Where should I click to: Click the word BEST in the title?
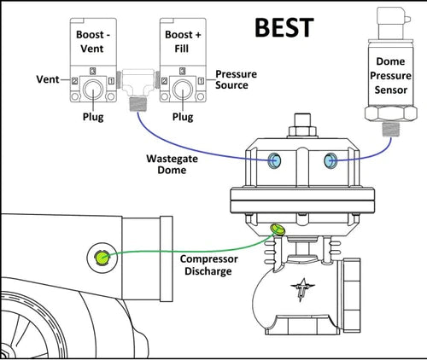click(284, 27)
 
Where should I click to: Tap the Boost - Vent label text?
click(92, 42)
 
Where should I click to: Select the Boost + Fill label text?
click(183, 42)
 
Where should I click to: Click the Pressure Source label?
click(236, 79)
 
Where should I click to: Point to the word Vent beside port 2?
click(48, 79)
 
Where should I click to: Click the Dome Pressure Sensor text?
click(390, 76)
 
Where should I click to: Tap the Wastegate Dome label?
click(172, 165)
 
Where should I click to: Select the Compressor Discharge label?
click(208, 265)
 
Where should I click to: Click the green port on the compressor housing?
click(102, 258)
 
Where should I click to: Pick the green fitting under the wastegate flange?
click(278, 229)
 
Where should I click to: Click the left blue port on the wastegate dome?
click(274, 160)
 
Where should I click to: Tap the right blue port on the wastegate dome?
click(330, 160)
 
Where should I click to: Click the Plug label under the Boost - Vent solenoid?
click(93, 117)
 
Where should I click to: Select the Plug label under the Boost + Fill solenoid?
click(183, 117)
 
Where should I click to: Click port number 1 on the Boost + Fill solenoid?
click(201, 81)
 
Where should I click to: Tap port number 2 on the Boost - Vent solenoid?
click(74, 81)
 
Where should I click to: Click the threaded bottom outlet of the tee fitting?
click(137, 104)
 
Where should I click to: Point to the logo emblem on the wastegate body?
click(302, 289)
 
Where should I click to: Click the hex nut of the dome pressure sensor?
click(391, 113)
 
